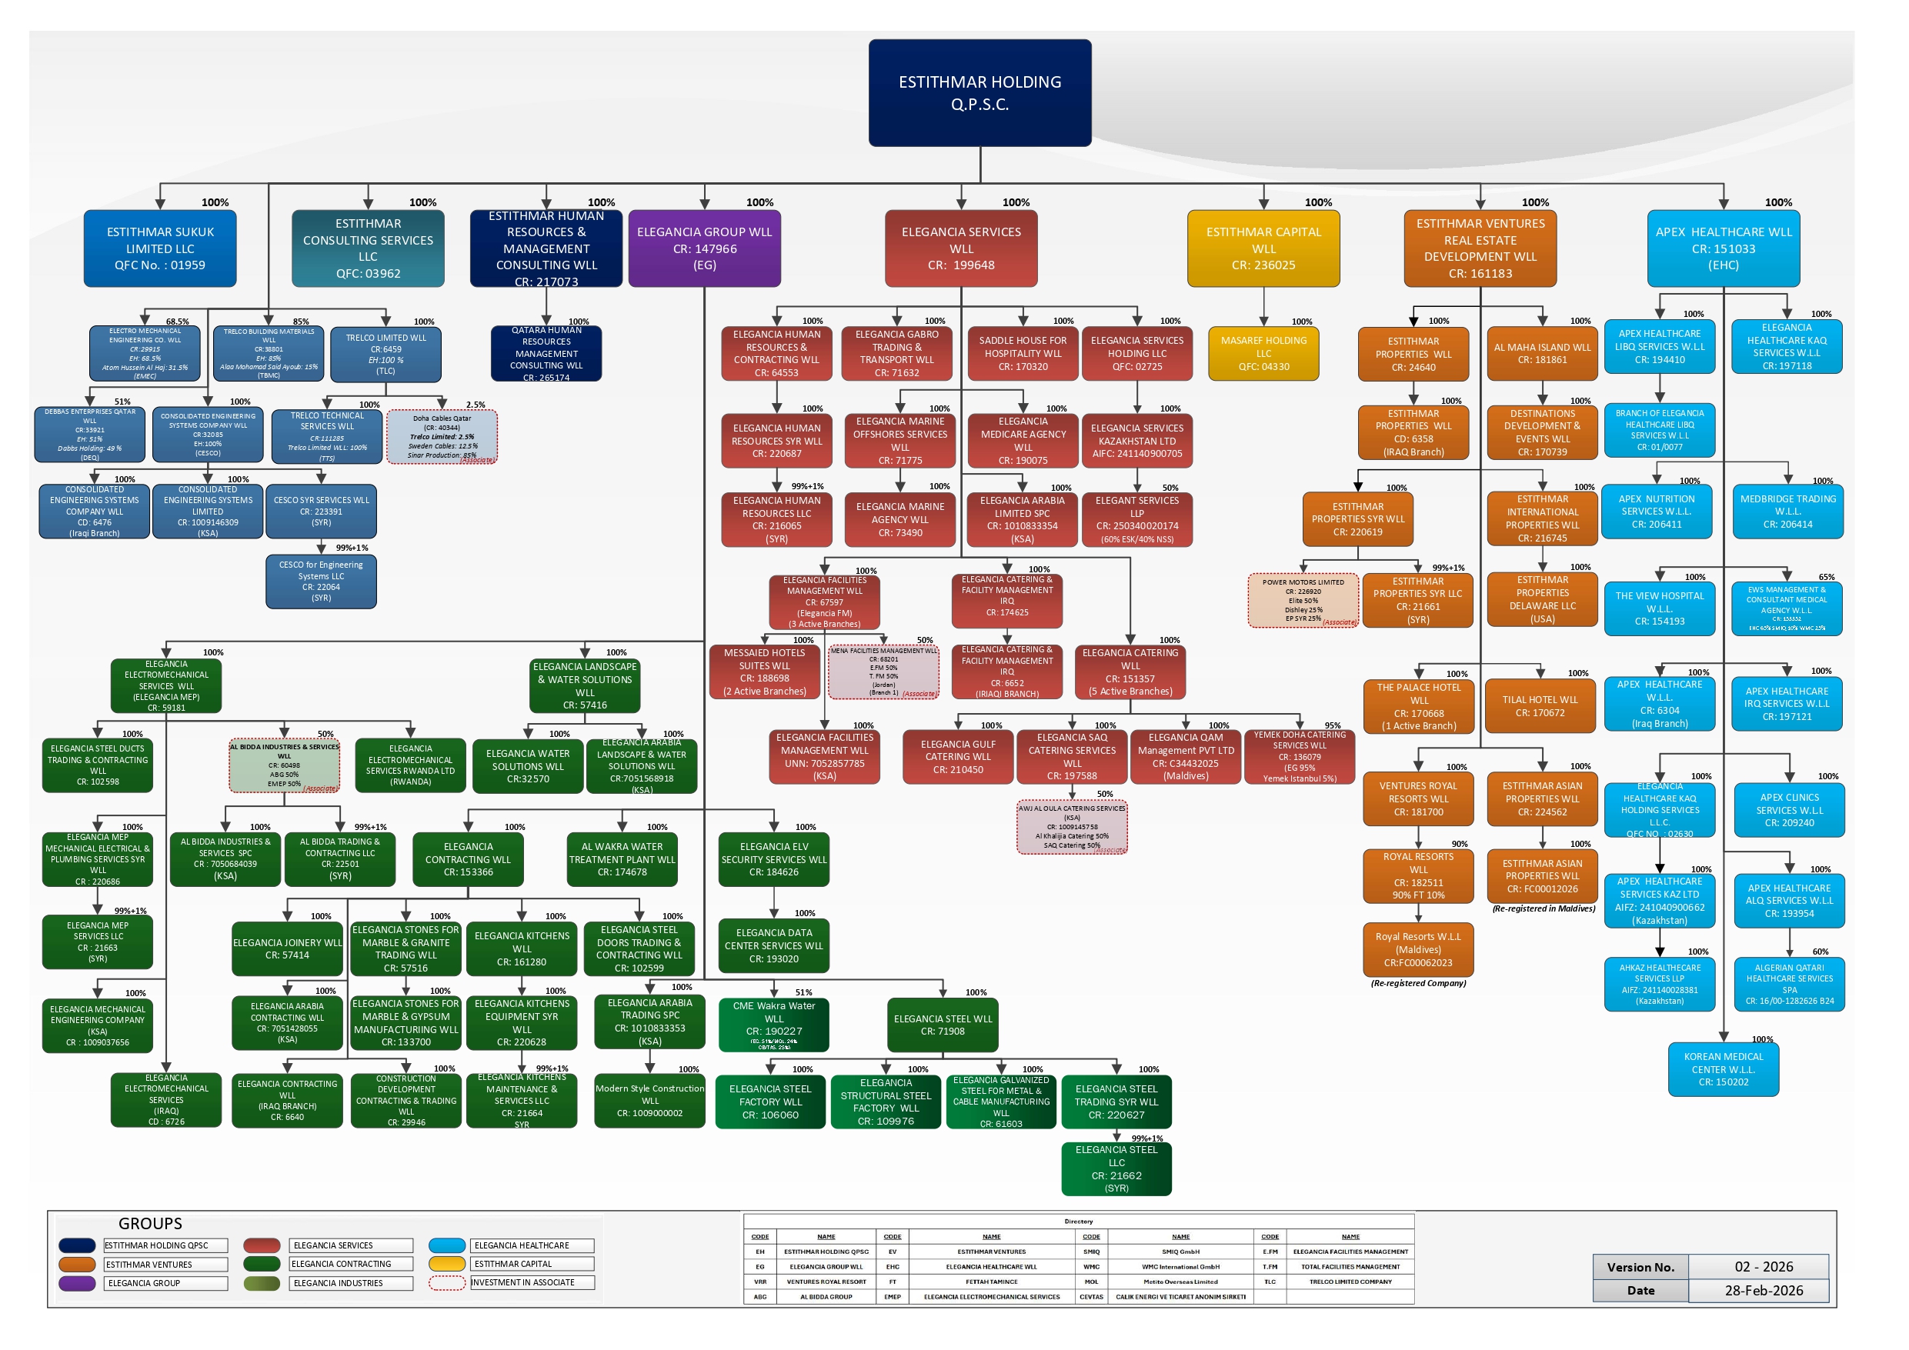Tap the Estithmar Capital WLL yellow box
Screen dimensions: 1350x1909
(1263, 248)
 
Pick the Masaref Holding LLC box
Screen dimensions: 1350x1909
(1263, 353)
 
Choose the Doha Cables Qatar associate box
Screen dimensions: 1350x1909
(442, 436)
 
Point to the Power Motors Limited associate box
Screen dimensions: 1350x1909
(1302, 600)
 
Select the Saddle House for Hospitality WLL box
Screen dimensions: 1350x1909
(1023, 353)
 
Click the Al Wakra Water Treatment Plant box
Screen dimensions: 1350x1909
(622, 859)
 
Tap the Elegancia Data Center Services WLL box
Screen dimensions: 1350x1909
(773, 946)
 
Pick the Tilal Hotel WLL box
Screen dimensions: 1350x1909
(1540, 707)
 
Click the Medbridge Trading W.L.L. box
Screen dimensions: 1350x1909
(1787, 512)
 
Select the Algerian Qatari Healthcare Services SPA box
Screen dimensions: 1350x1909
(1789, 985)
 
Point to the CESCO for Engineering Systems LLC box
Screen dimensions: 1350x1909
(321, 581)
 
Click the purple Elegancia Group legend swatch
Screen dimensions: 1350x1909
(76, 1284)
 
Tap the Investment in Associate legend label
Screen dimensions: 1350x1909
(532, 1282)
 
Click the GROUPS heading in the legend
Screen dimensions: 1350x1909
(150, 1224)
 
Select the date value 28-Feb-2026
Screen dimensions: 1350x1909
(1763, 1290)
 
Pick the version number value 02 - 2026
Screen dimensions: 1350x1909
(1763, 1267)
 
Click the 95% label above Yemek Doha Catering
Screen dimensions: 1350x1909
(1333, 725)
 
